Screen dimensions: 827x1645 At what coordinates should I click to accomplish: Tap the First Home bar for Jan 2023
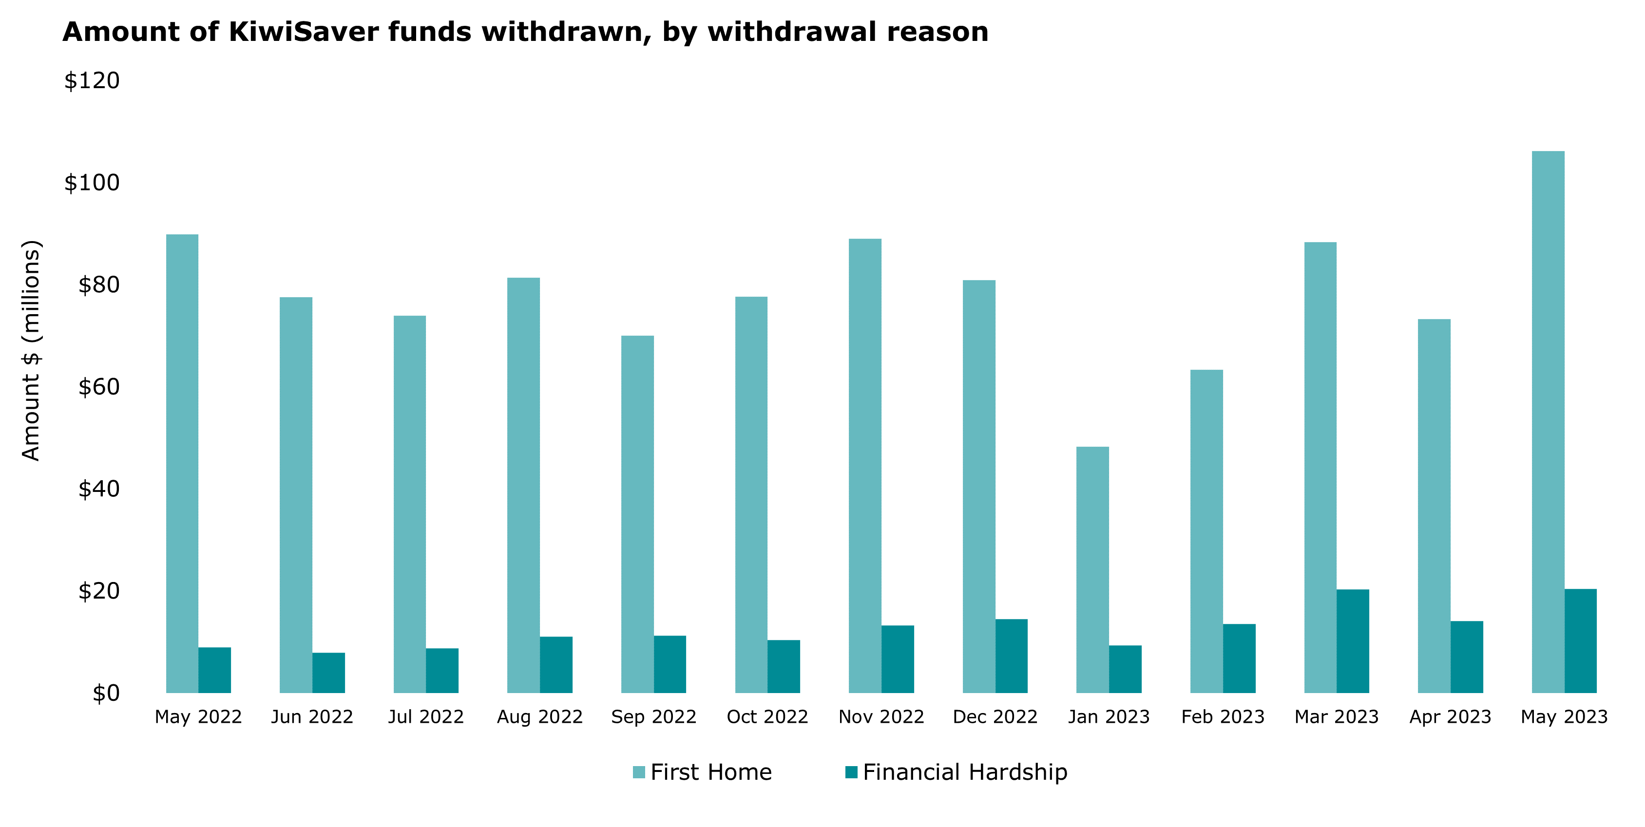pos(1092,569)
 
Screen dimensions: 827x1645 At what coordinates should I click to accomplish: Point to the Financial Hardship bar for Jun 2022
pos(328,673)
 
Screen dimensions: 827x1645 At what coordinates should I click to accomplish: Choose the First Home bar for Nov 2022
pos(864,466)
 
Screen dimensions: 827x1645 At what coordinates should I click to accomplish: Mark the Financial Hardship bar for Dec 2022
pos(1011,656)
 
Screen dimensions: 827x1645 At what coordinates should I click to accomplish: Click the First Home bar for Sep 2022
pos(637,514)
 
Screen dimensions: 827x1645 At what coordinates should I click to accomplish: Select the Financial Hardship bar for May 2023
pos(1580,640)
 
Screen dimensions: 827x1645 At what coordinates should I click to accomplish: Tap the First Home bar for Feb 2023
pos(1206,531)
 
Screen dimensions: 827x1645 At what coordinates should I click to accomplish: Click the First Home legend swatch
pos(639,772)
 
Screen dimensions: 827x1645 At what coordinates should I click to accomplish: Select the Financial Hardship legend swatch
pos(851,772)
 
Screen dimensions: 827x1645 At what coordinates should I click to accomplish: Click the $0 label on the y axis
pos(106,693)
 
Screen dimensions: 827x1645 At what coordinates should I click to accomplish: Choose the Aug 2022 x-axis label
pos(539,717)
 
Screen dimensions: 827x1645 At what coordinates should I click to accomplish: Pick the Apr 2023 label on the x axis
pos(1450,717)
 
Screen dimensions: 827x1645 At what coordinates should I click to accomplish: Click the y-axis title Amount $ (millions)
pos(31,350)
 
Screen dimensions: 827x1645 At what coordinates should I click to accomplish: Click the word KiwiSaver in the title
pos(304,32)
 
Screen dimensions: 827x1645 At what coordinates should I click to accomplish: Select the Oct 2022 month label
pos(767,717)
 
